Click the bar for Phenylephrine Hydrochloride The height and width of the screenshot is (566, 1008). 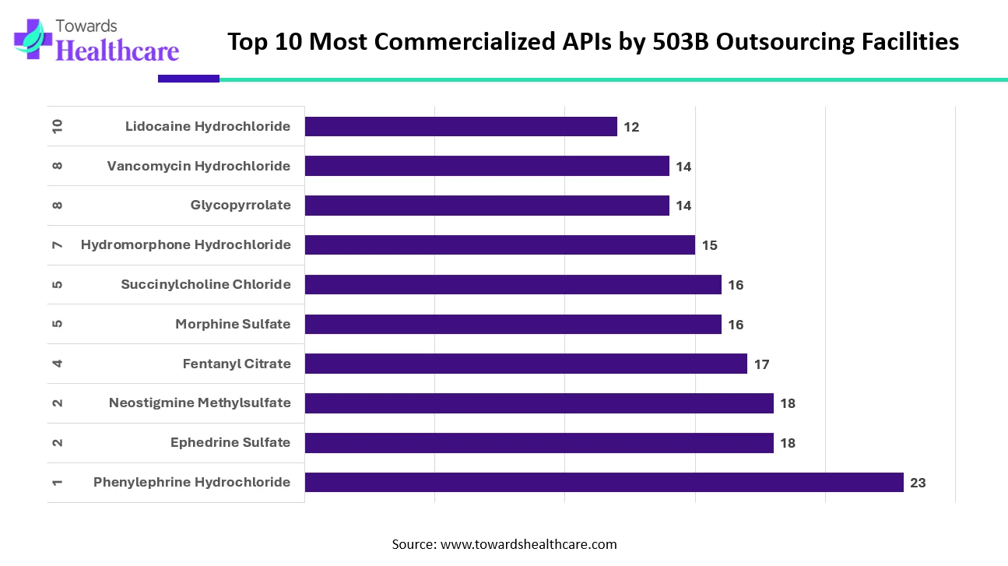(603, 482)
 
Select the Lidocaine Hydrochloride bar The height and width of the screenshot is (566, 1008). (461, 126)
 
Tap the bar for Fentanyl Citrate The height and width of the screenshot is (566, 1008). (525, 364)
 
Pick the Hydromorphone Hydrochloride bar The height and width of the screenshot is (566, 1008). (500, 244)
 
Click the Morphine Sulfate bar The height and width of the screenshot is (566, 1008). (513, 324)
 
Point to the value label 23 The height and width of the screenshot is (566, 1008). (918, 483)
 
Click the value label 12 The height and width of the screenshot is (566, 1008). (631, 127)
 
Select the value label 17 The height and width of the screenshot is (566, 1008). (761, 364)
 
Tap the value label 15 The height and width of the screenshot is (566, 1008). (709, 245)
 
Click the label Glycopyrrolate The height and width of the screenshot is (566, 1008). (241, 205)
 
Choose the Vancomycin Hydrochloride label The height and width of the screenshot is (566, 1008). (198, 166)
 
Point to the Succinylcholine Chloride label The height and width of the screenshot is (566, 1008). (205, 284)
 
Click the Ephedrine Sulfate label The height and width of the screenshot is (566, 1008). (230, 442)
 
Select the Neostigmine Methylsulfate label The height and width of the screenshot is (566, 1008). (199, 403)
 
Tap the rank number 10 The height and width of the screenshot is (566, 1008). (57, 126)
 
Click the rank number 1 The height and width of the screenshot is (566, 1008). (57, 483)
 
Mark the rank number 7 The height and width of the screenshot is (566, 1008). (57, 245)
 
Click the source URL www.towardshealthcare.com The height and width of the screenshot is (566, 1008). (529, 544)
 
